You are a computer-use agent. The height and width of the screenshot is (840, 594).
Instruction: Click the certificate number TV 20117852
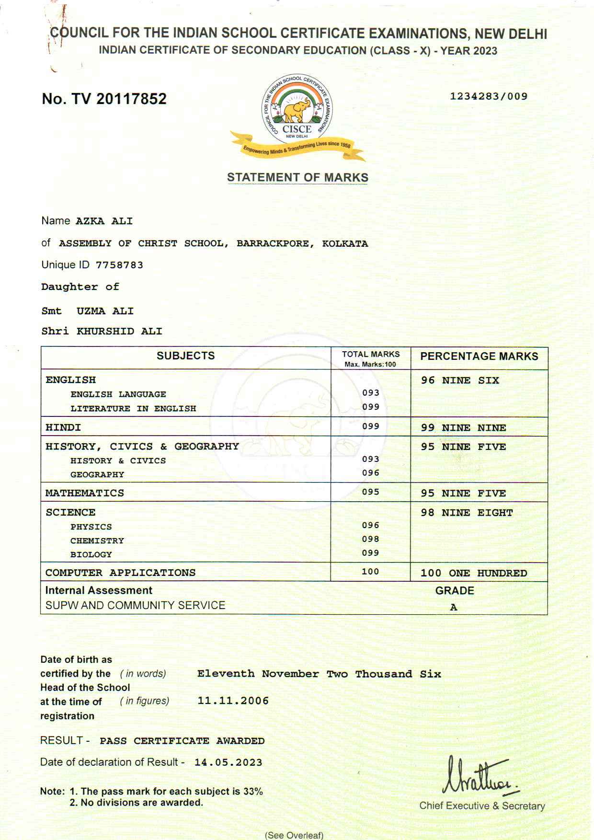(x=104, y=99)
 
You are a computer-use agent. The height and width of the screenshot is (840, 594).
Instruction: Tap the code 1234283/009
(x=489, y=96)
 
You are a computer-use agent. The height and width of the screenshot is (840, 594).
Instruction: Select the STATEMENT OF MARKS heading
(x=297, y=177)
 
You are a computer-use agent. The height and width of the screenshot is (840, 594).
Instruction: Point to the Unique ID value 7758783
(x=119, y=265)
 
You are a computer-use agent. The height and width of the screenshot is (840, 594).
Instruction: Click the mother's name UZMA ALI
(x=105, y=311)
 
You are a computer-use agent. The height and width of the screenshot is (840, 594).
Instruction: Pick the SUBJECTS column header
(x=185, y=356)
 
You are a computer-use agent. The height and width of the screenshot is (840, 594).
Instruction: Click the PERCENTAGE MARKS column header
(x=479, y=356)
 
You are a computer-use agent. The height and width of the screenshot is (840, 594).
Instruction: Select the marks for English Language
(x=370, y=393)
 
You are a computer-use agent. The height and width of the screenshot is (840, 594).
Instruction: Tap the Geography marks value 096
(x=370, y=473)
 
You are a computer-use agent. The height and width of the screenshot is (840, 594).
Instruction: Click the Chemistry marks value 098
(x=370, y=539)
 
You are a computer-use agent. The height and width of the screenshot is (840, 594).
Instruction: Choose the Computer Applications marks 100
(x=370, y=572)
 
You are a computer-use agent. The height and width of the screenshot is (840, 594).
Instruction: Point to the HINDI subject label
(x=63, y=427)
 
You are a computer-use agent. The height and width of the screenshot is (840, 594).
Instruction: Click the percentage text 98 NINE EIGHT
(x=467, y=513)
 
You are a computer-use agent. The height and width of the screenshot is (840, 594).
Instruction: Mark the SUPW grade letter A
(x=453, y=608)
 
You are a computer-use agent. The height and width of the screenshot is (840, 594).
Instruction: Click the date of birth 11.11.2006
(x=233, y=701)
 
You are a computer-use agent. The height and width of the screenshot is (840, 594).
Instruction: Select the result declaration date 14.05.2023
(x=228, y=762)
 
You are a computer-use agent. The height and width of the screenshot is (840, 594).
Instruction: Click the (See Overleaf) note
(x=294, y=835)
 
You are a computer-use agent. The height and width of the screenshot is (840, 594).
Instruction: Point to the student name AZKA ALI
(x=104, y=221)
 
